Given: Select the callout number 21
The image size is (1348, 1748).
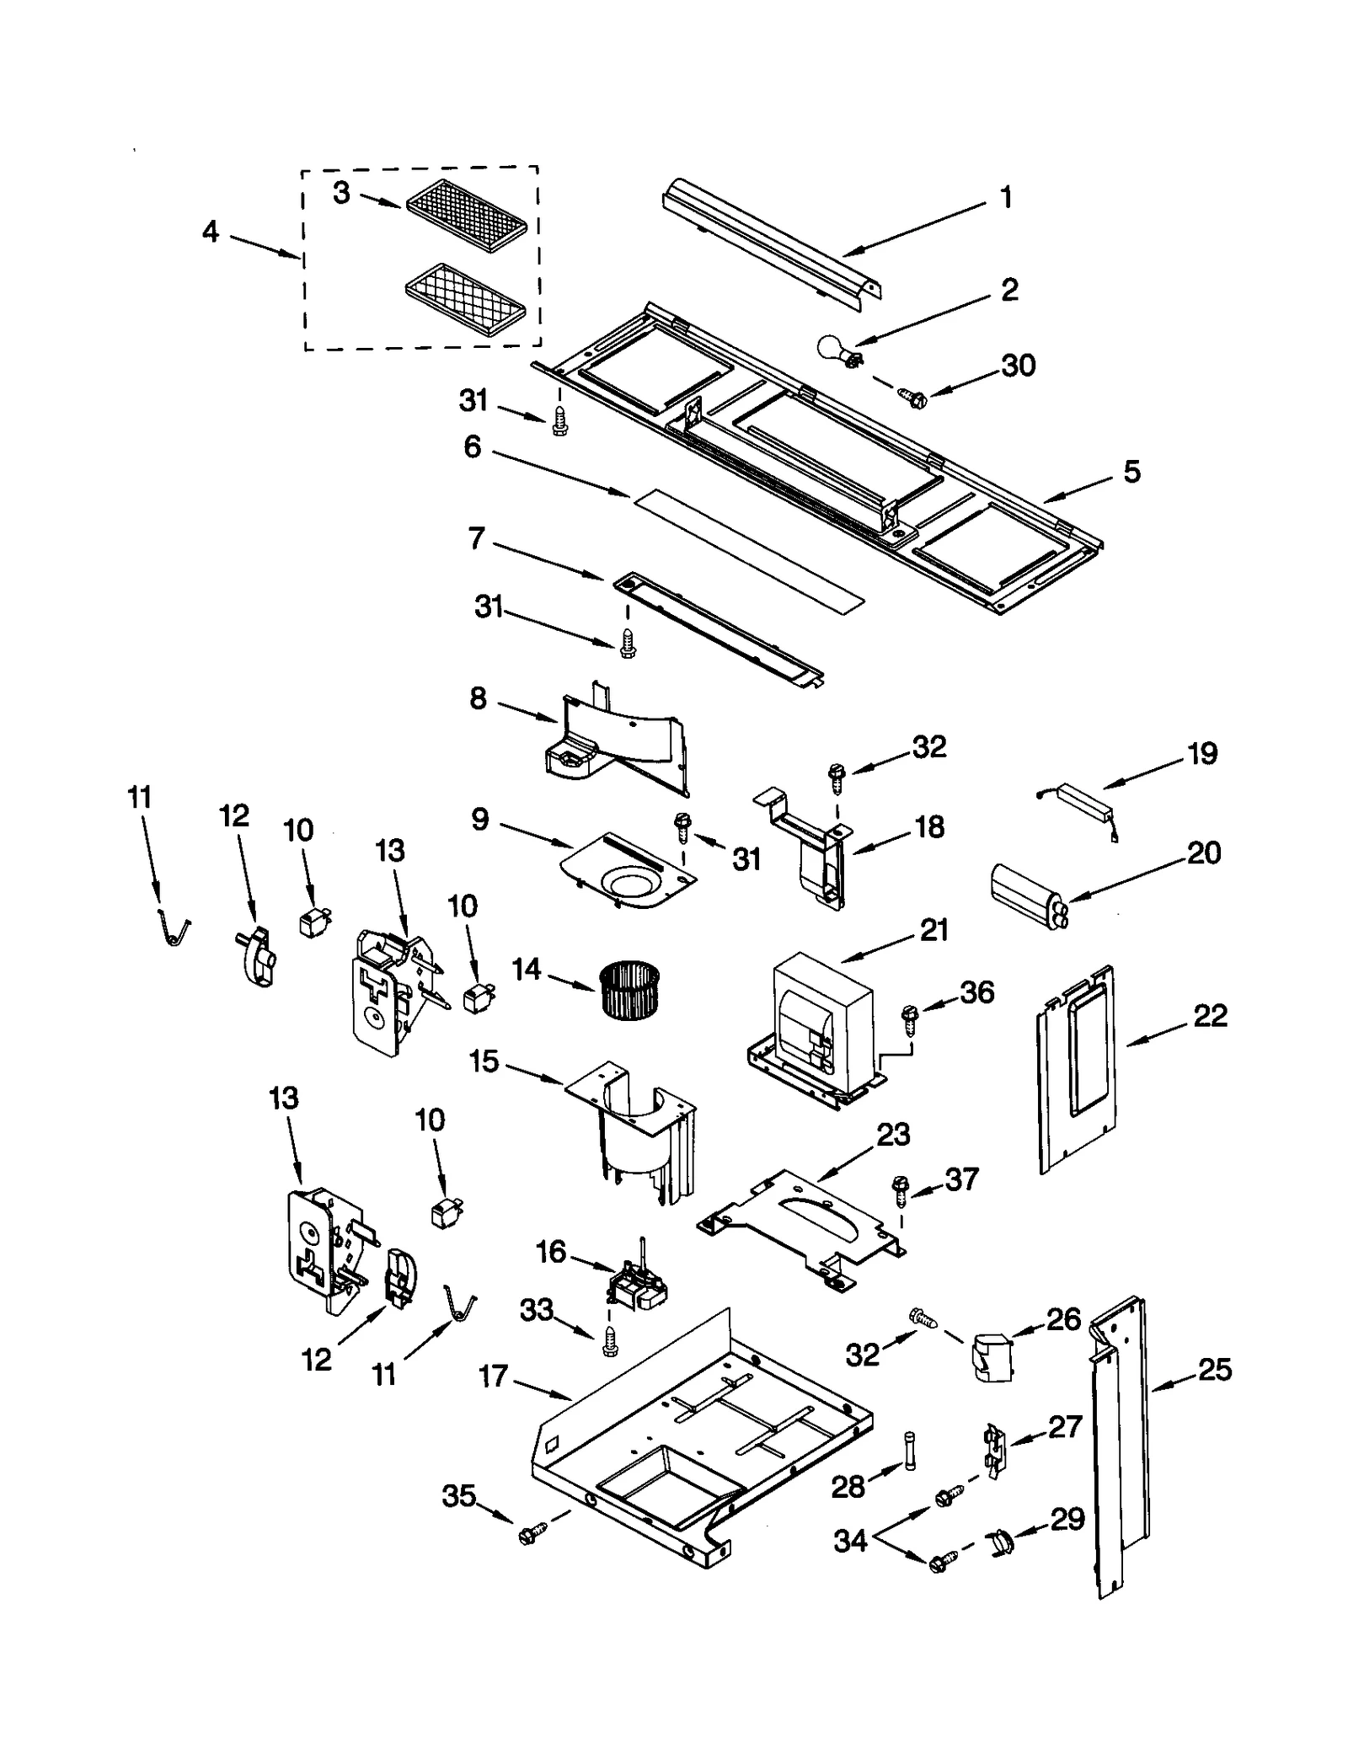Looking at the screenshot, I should click(933, 929).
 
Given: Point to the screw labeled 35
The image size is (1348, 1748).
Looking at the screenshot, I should click(530, 1536).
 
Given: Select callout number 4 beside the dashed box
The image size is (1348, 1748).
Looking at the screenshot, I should click(210, 231).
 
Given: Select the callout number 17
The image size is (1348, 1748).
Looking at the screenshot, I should click(493, 1376).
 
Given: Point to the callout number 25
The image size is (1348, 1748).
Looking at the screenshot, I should click(1214, 1370).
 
